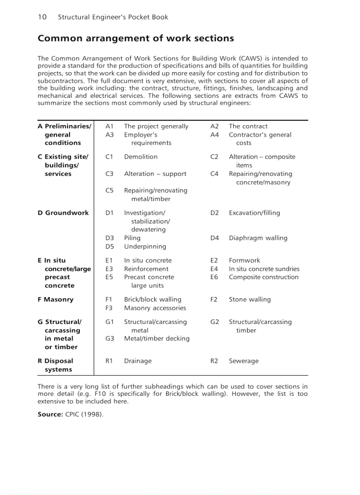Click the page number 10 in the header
tap(42, 17)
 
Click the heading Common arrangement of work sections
tap(135, 38)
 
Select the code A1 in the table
tap(110, 127)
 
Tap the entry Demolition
tap(141, 157)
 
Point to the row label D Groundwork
tap(63, 213)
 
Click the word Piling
tap(132, 238)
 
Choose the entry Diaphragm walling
tap(258, 238)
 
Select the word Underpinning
tap(145, 246)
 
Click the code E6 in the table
tap(214, 277)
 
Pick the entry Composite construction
tap(263, 277)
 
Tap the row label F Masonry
tap(56, 300)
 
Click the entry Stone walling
tap(250, 300)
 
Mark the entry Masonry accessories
tap(155, 308)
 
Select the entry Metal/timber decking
tap(157, 339)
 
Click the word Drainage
tap(138, 361)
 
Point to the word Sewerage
tap(244, 361)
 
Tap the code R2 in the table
tap(214, 361)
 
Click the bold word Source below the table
tap(50, 414)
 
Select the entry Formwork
tap(244, 261)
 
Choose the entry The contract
tap(248, 127)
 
